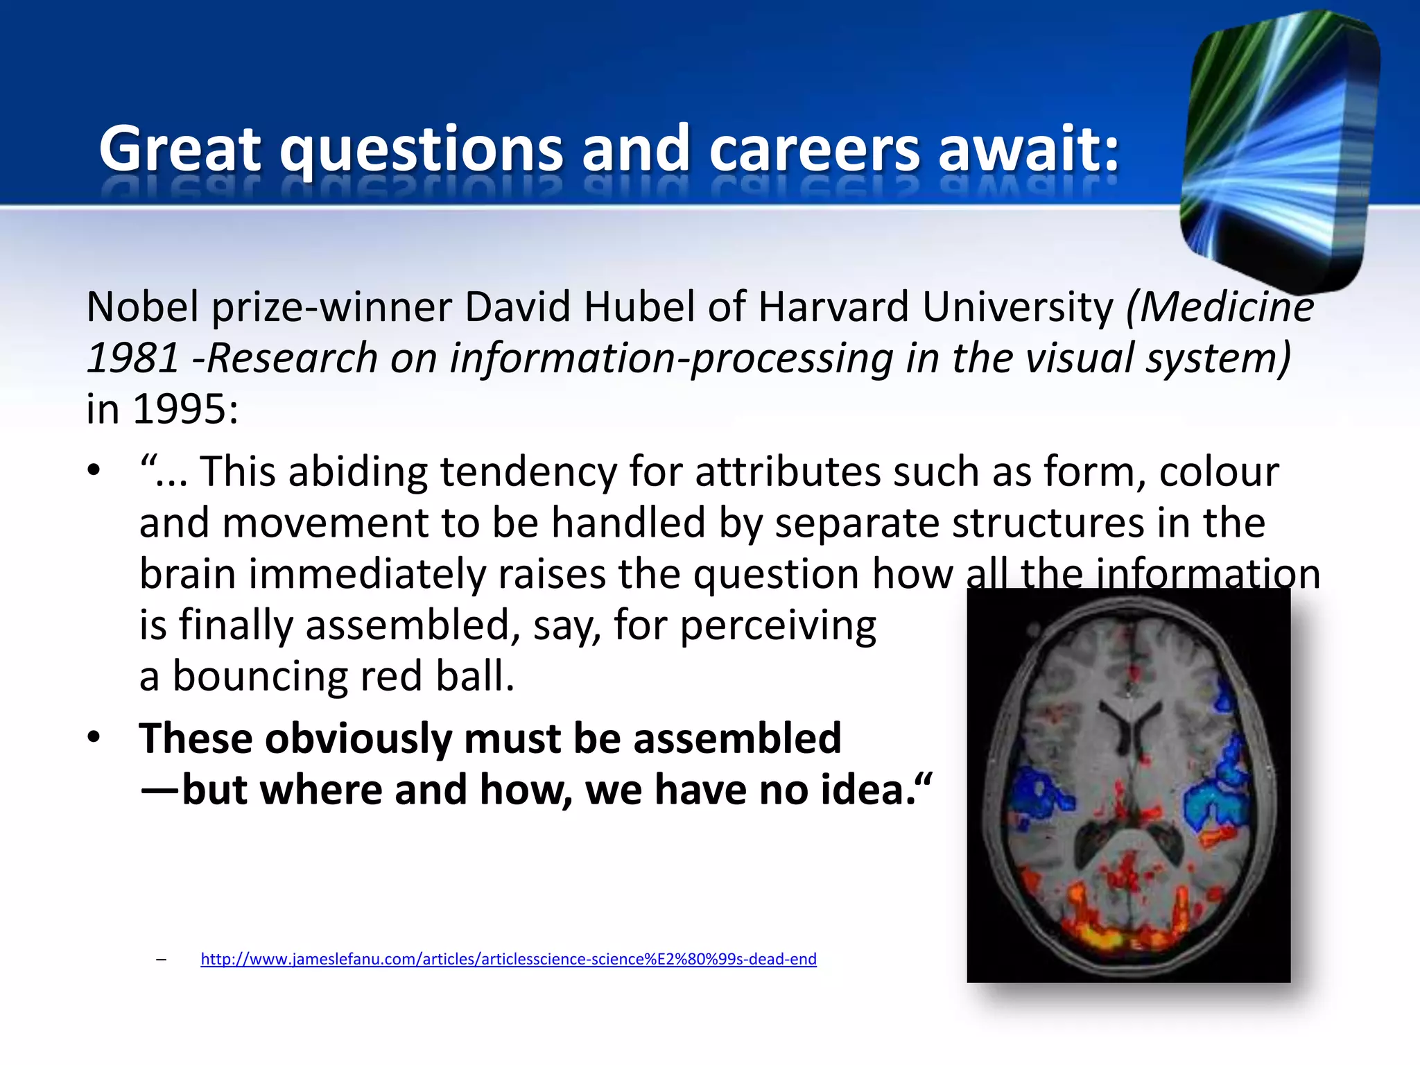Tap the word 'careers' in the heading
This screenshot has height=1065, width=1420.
814,148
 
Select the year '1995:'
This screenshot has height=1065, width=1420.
186,409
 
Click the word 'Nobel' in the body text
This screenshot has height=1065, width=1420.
143,306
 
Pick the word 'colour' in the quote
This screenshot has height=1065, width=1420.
1218,471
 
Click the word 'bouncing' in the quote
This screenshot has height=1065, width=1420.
260,676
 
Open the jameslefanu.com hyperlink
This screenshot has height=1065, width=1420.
508,959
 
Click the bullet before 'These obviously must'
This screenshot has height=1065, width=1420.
94,737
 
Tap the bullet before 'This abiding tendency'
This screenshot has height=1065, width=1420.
94,471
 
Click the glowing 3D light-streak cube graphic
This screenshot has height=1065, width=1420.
1279,149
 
